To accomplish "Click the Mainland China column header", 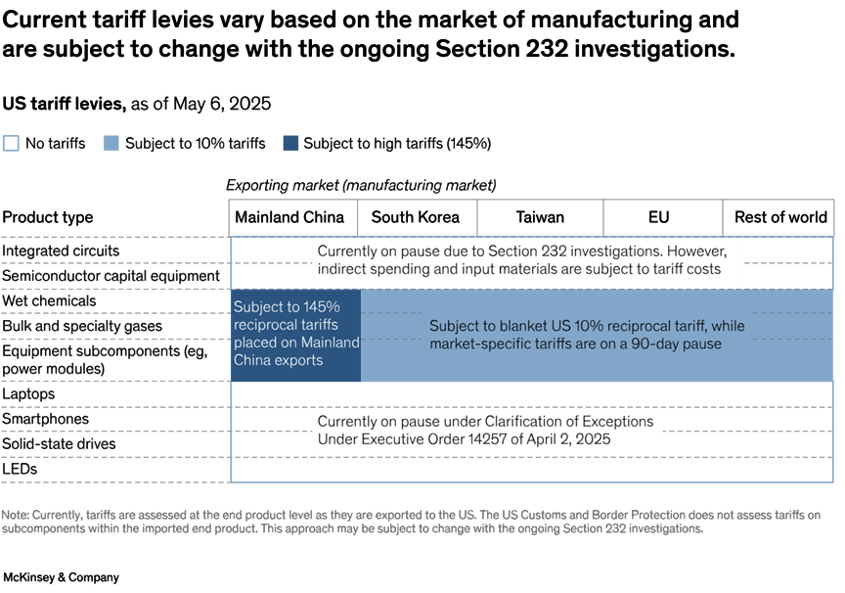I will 289,217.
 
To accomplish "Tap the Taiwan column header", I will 540,217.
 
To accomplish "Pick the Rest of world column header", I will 780,217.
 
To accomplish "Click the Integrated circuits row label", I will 61,251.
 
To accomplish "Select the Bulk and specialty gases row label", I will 82,326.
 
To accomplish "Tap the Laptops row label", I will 28,393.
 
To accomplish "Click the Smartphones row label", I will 45,419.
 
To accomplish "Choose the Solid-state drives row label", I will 59,443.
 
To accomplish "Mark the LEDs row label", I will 20,469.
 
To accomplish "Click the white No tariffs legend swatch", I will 11,144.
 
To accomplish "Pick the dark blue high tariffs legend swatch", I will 289,144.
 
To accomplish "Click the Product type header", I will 48,217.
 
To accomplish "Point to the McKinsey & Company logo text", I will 61,577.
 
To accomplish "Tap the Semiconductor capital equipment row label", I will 111,276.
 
